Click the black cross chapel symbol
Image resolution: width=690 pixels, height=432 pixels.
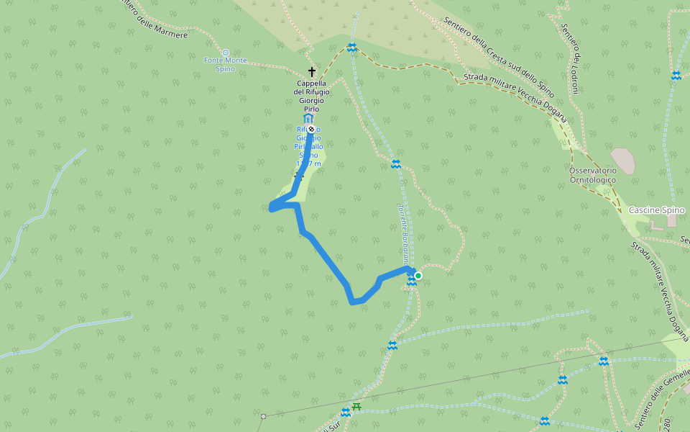point(312,72)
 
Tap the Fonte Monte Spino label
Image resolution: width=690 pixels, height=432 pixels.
point(225,64)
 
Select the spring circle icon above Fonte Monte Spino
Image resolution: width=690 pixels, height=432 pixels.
point(226,53)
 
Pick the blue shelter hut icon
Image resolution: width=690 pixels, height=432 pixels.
point(308,118)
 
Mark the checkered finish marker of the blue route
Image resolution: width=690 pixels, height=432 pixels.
point(311,130)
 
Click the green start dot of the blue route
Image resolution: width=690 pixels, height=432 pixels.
point(418,275)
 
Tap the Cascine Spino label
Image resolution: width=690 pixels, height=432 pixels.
point(656,210)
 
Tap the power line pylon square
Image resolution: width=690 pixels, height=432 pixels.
point(264,416)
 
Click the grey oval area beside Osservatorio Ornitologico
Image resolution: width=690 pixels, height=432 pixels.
point(622,161)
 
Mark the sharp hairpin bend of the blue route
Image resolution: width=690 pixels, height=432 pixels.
point(272,208)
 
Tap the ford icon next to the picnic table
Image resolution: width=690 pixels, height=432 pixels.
point(345,413)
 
